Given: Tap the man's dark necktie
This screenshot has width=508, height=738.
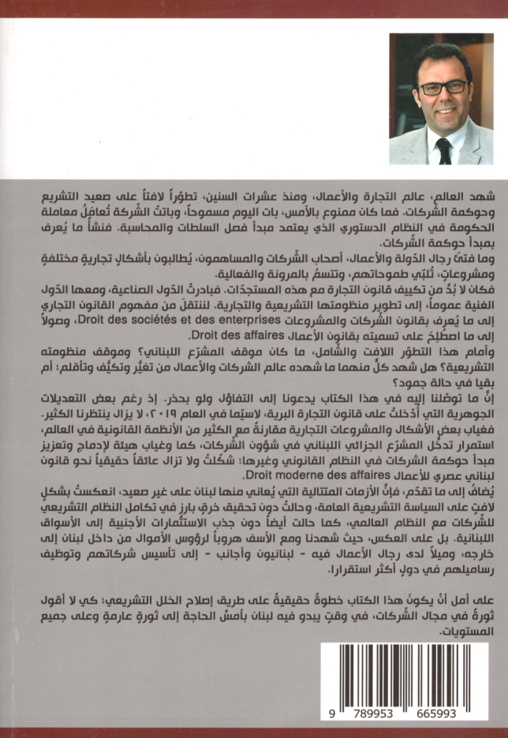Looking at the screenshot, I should click(x=443, y=149).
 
